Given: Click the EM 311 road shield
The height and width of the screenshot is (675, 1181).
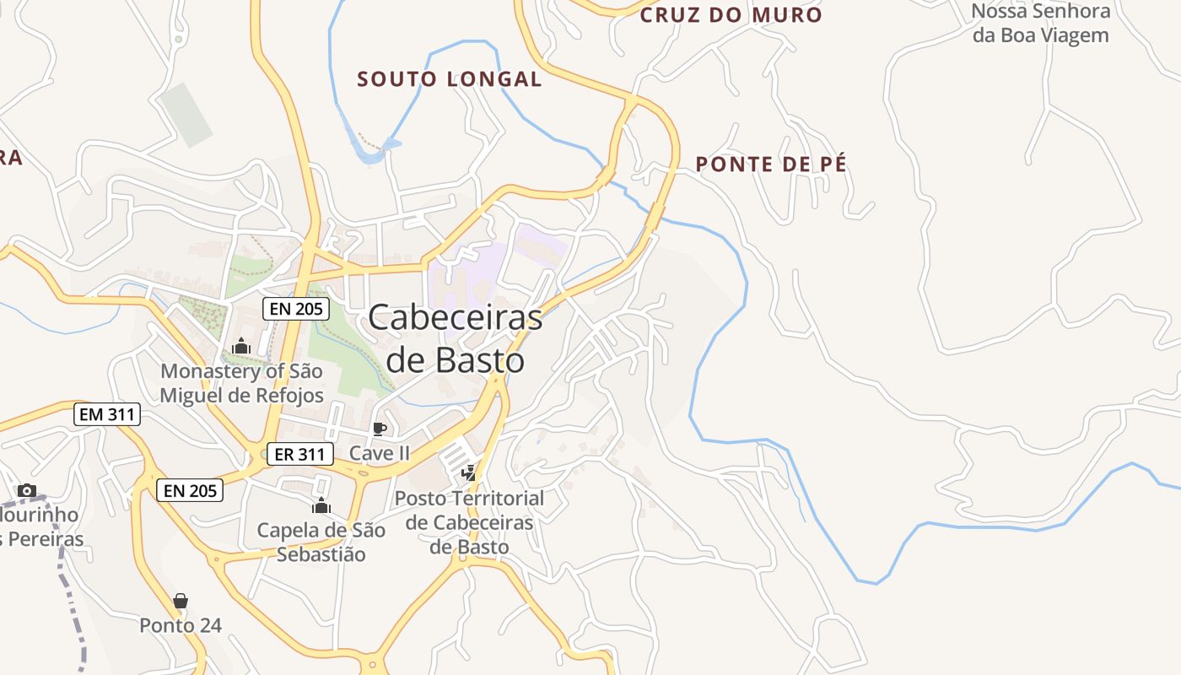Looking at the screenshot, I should click(106, 414).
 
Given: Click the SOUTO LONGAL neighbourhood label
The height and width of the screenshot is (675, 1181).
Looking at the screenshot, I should click(449, 79).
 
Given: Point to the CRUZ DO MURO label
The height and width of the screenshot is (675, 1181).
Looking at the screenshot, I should click(731, 15).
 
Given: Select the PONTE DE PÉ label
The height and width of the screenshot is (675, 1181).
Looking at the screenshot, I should click(771, 165).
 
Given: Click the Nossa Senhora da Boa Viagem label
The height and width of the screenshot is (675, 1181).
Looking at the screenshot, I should click(1040, 24).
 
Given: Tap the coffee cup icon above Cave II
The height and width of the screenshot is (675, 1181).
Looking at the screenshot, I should click(380, 429).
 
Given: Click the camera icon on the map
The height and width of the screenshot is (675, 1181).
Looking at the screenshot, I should click(27, 490).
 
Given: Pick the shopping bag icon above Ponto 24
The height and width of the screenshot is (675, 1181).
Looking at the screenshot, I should click(181, 601).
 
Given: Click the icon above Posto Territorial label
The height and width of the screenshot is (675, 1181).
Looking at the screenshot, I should click(468, 473).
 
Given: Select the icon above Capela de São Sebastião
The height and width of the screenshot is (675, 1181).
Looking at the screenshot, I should click(321, 505).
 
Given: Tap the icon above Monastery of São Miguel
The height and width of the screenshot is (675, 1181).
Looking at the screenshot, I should click(241, 346).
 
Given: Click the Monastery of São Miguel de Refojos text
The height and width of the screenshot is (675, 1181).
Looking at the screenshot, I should click(241, 383).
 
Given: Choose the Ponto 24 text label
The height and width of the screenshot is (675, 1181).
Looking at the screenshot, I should click(181, 625).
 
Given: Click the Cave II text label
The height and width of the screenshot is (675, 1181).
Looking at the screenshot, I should click(380, 453).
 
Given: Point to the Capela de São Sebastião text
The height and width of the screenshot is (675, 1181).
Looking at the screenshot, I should click(321, 542).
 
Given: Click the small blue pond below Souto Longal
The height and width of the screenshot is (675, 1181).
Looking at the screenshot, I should click(372, 152).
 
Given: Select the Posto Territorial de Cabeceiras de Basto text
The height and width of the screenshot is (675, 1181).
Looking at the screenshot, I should click(469, 522).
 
